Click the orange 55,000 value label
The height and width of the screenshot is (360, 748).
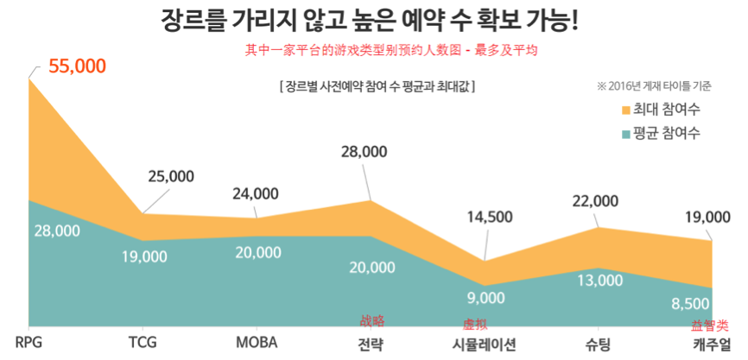77,66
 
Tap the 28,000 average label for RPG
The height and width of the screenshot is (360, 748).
57,231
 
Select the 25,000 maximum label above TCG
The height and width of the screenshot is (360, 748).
171,176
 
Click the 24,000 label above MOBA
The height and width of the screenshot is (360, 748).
256,193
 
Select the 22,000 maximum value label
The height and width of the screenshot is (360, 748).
595,200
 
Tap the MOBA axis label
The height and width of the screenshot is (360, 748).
257,342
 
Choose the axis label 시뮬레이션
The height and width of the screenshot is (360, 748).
485,343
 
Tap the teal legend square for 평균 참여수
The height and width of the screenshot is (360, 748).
626,134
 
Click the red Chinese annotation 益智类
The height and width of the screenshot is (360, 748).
709,326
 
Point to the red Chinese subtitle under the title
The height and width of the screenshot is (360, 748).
391,50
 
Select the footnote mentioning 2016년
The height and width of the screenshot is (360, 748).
654,86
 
